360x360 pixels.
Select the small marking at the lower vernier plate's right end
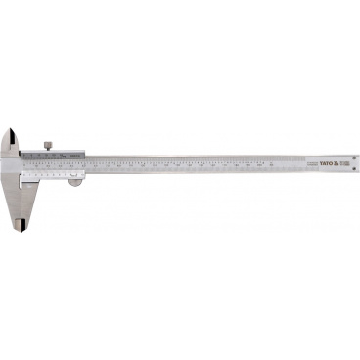(82, 172)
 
